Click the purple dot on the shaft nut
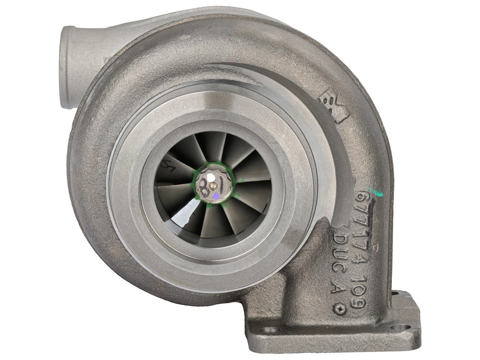coord(216,197)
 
